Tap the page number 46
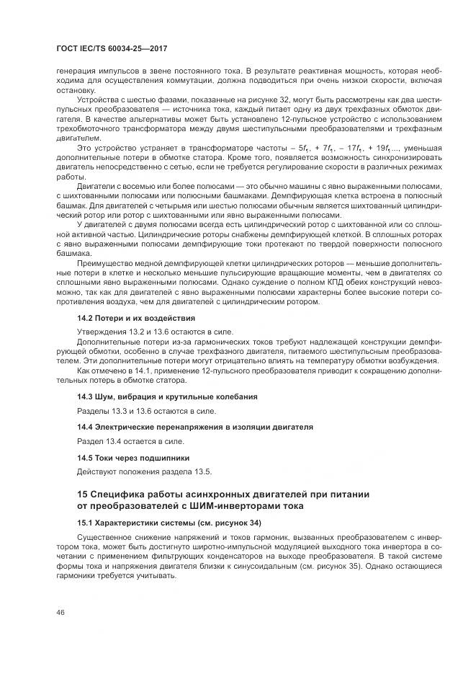pos(60,613)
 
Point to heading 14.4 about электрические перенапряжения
pos(194,427)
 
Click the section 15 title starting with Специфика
pos(223,494)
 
